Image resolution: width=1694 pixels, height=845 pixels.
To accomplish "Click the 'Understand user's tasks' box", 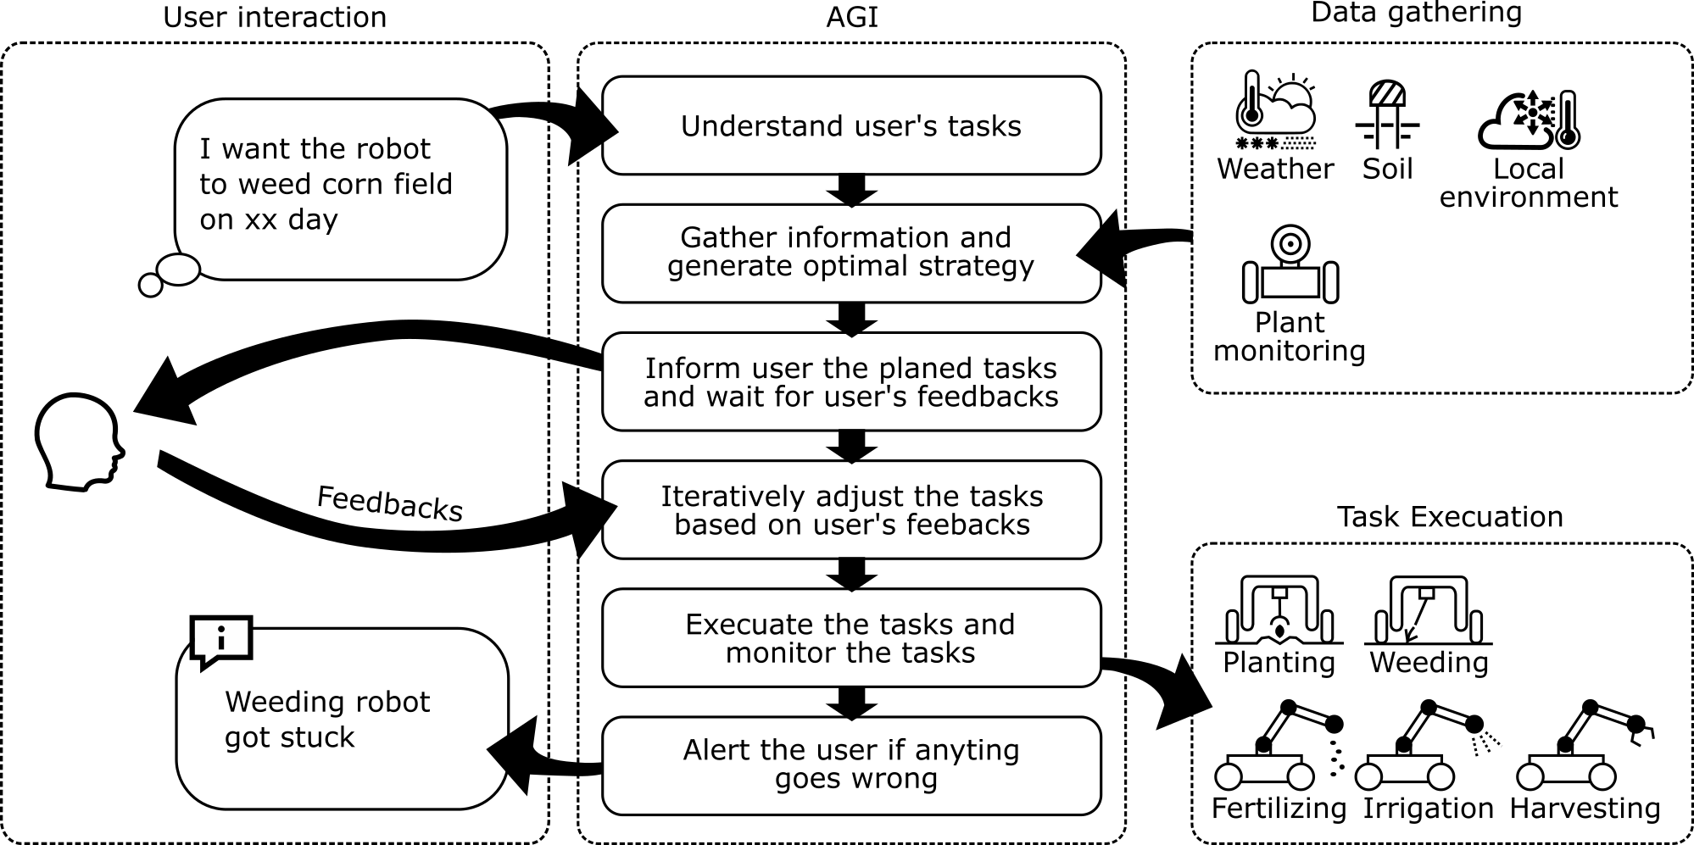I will pyautogui.click(x=851, y=125).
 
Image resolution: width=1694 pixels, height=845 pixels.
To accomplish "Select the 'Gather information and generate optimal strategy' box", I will pyautogui.click(x=851, y=253).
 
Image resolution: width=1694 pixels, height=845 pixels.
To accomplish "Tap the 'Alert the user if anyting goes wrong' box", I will pyautogui.click(x=851, y=764).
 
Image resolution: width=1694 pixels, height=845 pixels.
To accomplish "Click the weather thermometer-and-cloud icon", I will pyautogui.click(x=1274, y=110).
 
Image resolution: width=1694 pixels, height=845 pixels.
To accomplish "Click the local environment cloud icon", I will pyautogui.click(x=1528, y=119).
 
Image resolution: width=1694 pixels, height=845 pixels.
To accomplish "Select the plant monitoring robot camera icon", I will pyautogui.click(x=1290, y=264).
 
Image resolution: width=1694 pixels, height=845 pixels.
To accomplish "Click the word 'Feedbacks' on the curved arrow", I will pyautogui.click(x=390, y=503).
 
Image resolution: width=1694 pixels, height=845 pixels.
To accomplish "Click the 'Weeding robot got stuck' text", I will pyautogui.click(x=327, y=719).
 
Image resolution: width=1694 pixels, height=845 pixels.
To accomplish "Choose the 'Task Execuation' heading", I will pyautogui.click(x=1449, y=516).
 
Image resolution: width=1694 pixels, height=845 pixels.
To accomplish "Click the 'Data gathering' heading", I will pyautogui.click(x=1416, y=13).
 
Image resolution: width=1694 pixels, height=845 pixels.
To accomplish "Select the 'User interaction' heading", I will pyautogui.click(x=275, y=17).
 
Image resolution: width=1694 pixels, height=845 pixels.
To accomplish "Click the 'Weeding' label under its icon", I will pyautogui.click(x=1429, y=662).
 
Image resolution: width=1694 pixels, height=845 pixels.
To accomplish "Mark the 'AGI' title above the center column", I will pyautogui.click(x=851, y=17).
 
